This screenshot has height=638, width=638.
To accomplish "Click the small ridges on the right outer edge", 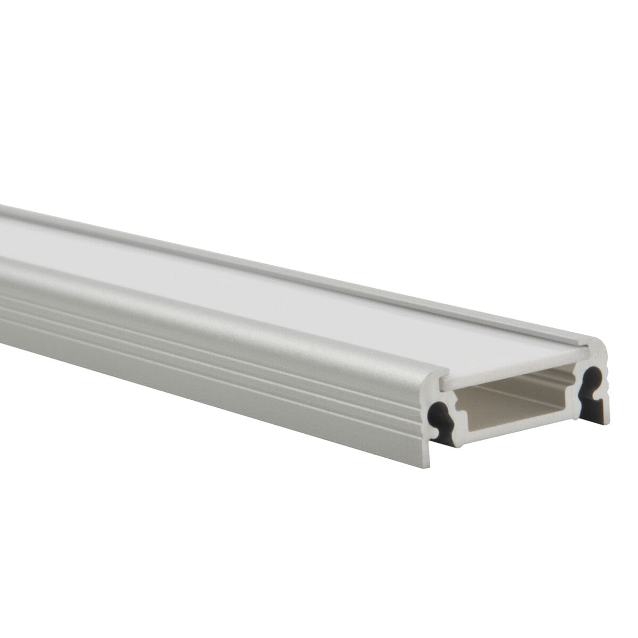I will tap(608, 377).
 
